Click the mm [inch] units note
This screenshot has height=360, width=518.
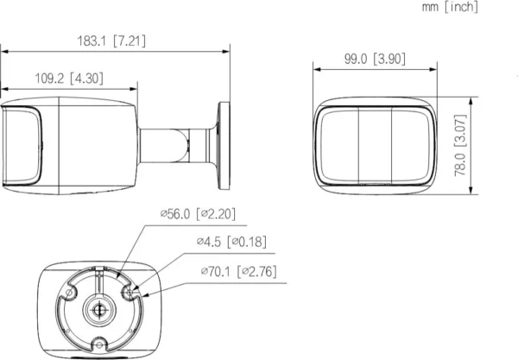click(x=473, y=8)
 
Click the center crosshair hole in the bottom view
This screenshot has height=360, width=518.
click(x=98, y=308)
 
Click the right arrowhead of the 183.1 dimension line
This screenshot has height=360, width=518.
click(x=229, y=51)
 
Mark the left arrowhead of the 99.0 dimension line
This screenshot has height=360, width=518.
click(x=315, y=70)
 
